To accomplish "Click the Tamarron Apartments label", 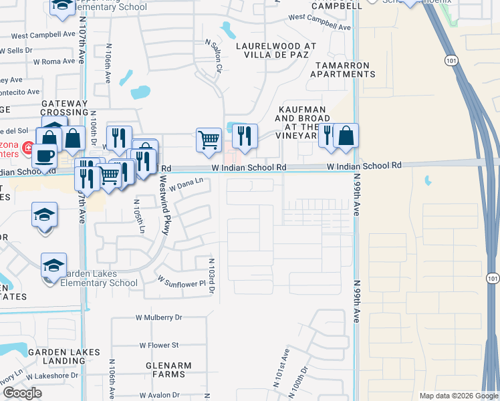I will [x=342, y=70].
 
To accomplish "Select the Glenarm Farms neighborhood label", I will [x=168, y=370].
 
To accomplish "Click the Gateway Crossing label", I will [x=65, y=108].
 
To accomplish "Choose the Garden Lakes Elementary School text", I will [x=90, y=278].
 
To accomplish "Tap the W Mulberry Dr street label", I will [x=158, y=317].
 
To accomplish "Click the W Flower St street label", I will [x=159, y=345].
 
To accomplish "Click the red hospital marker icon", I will [x=27, y=147].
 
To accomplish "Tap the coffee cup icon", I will [x=45, y=156].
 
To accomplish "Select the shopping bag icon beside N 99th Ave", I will [x=346, y=136].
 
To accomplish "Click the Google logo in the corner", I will [x=22, y=393].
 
